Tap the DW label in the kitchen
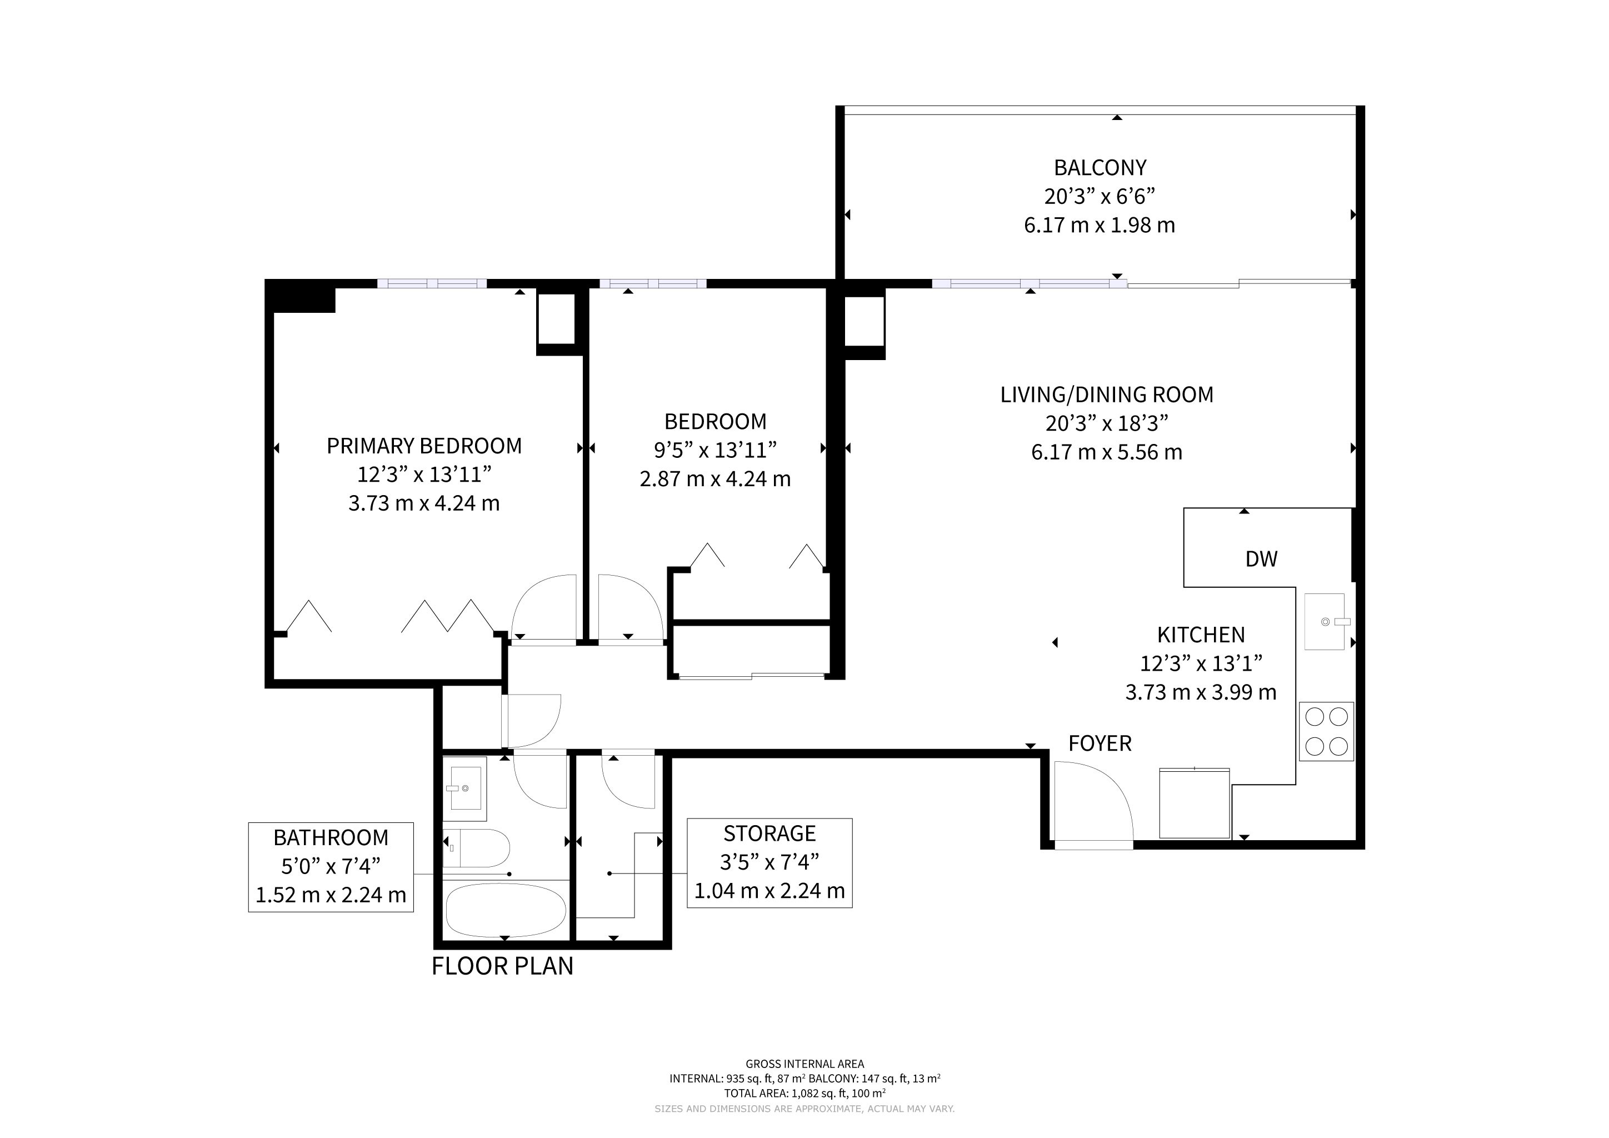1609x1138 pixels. (x=1261, y=558)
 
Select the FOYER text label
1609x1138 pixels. (x=1100, y=743)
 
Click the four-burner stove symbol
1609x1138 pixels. (x=1327, y=732)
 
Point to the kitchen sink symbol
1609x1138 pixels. (x=1325, y=622)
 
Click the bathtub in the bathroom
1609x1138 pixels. (x=505, y=910)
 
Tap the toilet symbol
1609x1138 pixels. (x=476, y=848)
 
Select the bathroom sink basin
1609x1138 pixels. (x=464, y=789)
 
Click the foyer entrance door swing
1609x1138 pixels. (x=1094, y=805)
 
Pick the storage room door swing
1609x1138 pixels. (x=628, y=781)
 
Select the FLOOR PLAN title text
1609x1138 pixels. (x=502, y=966)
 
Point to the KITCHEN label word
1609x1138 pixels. (x=1201, y=635)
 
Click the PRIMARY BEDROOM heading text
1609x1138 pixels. (x=424, y=446)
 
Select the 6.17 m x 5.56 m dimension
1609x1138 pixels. (x=1107, y=452)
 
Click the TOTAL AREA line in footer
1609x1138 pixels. (x=805, y=1092)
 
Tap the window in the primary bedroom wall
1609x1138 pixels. (x=432, y=284)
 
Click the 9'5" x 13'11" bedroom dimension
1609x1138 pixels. (x=716, y=450)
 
